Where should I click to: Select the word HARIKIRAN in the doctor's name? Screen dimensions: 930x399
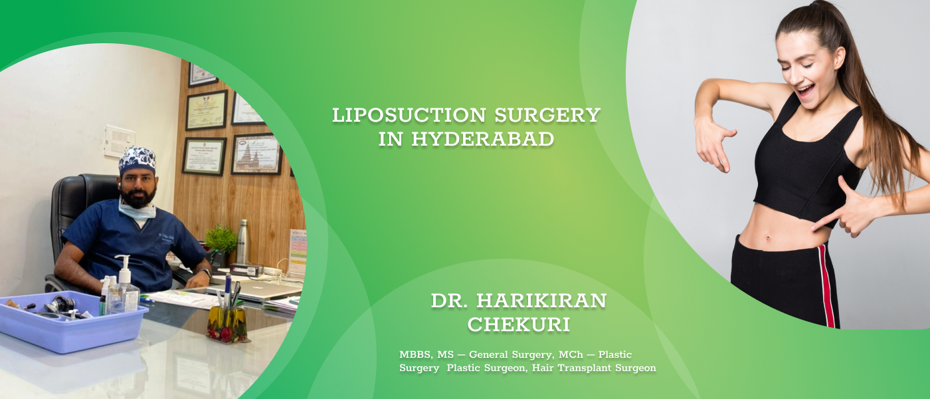(541, 301)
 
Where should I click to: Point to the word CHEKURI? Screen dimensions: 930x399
(519, 325)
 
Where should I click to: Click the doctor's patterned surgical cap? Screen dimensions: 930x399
(137, 162)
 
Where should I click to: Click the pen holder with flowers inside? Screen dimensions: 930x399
(227, 323)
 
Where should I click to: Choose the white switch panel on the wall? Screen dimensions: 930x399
(120, 141)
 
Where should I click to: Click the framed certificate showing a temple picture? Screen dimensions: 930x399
(256, 154)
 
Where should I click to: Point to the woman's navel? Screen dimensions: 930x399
(767, 239)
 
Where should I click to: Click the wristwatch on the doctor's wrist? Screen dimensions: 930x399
(205, 273)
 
